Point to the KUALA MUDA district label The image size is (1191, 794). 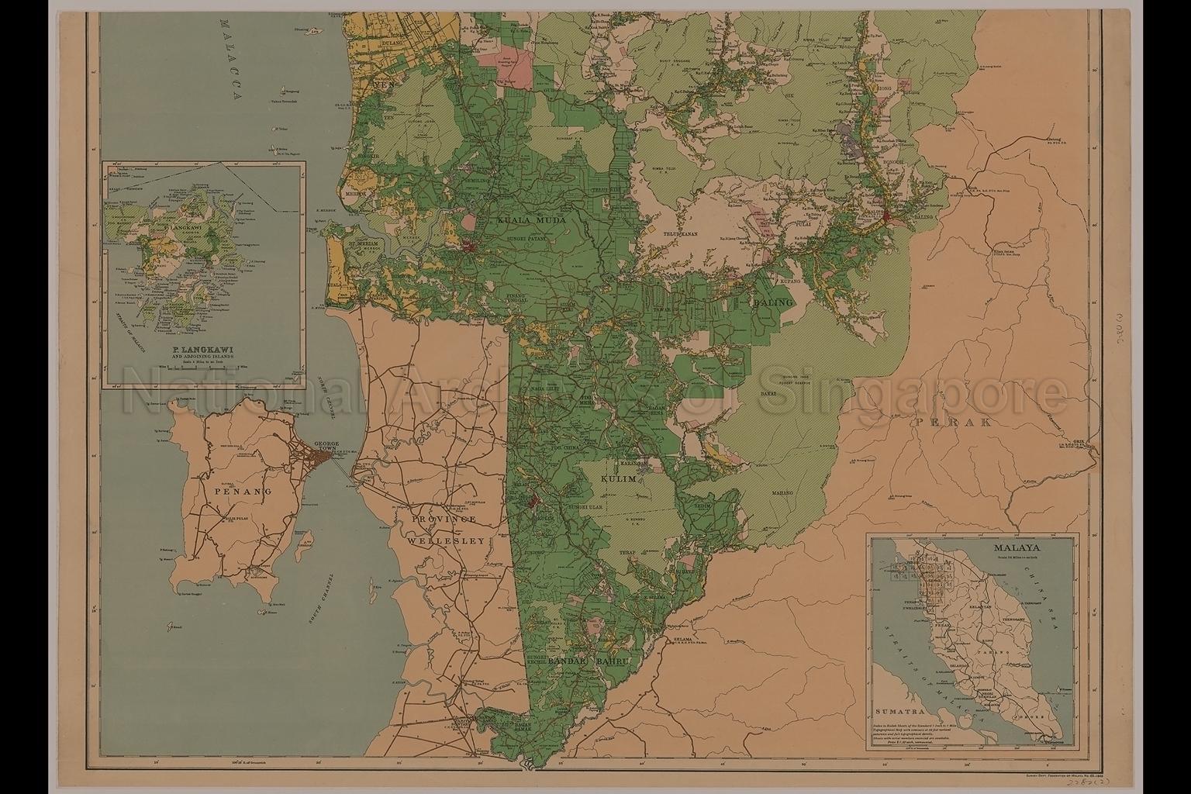pos(532,220)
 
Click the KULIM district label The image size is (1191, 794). pos(619,481)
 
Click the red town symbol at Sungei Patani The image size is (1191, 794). pos(470,247)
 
